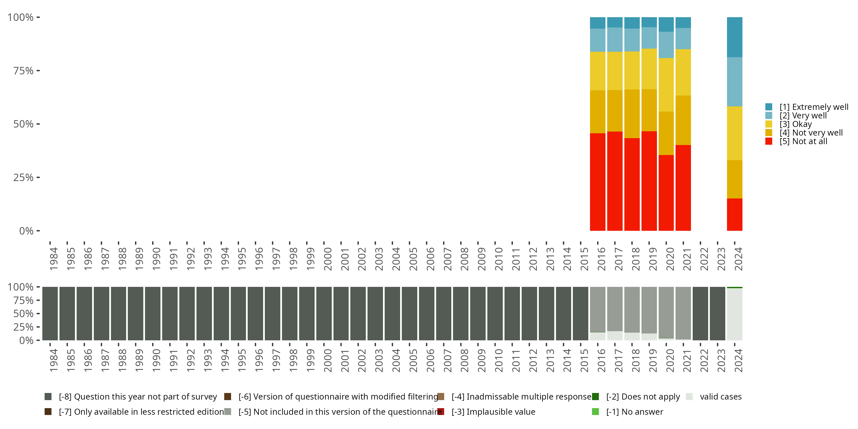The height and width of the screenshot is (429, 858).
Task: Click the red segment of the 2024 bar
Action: [x=734, y=214]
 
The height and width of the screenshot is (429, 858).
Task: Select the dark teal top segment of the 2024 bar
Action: [x=734, y=37]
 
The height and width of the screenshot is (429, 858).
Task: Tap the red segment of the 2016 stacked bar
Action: [x=597, y=182]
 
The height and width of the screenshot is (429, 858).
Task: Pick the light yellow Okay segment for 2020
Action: [x=666, y=85]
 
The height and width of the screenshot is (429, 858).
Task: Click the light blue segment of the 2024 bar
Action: [x=734, y=82]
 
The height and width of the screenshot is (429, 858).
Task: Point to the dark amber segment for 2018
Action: [x=632, y=114]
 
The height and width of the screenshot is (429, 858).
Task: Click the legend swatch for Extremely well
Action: [x=769, y=107]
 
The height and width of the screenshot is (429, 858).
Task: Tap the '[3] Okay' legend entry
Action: [x=795, y=124]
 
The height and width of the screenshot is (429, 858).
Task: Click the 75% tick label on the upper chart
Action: [x=23, y=71]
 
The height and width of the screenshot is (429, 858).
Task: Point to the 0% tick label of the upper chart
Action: [x=26, y=231]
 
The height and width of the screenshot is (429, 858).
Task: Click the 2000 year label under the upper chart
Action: [x=328, y=259]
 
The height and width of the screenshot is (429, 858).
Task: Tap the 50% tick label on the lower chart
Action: [x=23, y=314]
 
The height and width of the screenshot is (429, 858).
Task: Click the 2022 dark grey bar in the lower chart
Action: [x=700, y=313]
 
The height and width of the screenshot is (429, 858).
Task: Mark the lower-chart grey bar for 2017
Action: [x=615, y=309]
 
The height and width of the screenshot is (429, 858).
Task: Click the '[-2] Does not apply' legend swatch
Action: [x=595, y=397]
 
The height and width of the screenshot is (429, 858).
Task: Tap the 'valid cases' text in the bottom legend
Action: [x=721, y=397]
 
